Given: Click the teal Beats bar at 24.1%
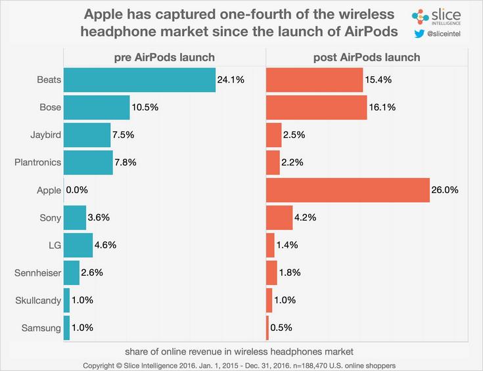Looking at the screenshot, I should (139, 80).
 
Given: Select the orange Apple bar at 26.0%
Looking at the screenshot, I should (348, 190).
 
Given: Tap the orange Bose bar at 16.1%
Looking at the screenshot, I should (316, 108).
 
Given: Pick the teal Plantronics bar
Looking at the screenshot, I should (88, 162).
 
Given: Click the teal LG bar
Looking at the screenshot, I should (78, 245).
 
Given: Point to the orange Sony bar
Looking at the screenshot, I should (279, 217).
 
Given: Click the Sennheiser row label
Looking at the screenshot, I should (37, 273).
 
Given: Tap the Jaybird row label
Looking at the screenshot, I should (45, 135).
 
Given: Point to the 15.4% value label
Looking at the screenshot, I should (379, 80).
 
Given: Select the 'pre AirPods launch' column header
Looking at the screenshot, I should (164, 58).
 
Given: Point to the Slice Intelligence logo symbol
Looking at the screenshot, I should (419, 14).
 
